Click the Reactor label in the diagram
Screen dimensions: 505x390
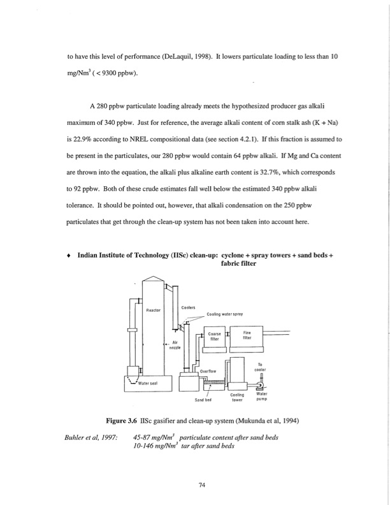pos(154,311)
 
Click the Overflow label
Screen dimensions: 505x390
pos(210,370)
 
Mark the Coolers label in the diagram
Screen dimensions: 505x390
pos(188,307)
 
